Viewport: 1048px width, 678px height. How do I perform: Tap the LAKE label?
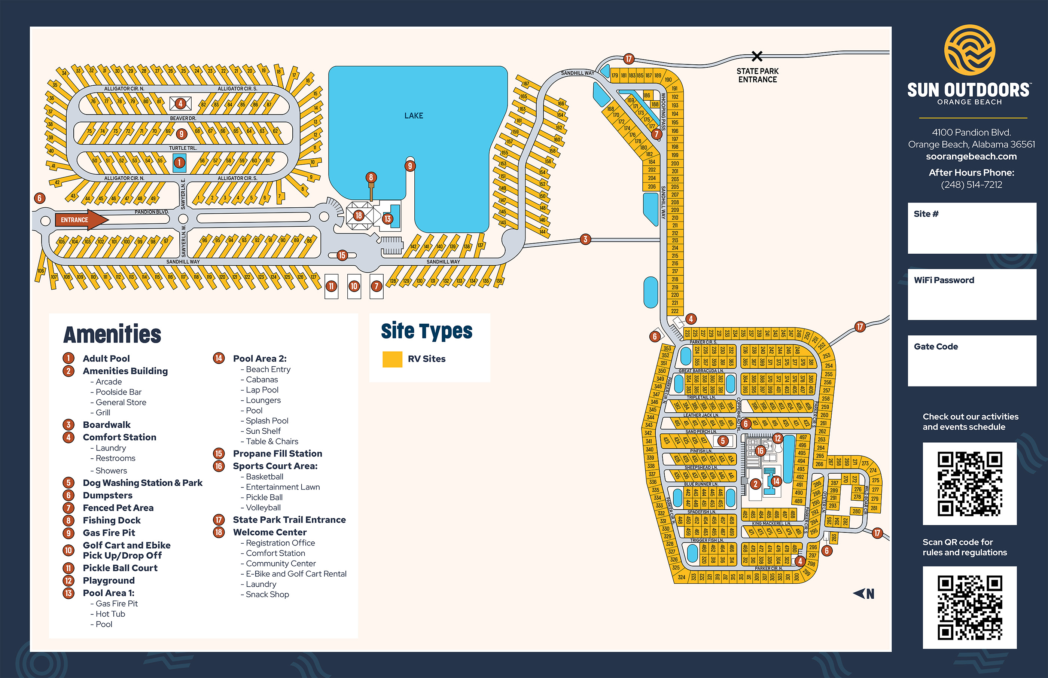(x=414, y=116)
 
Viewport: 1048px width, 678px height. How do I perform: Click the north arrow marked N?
(x=864, y=594)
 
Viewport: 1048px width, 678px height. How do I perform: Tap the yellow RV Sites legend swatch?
(x=392, y=359)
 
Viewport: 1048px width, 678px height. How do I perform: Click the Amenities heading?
(x=112, y=334)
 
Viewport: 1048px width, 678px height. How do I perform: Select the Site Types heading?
(x=426, y=331)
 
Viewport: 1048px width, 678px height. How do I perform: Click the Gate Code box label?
(x=936, y=346)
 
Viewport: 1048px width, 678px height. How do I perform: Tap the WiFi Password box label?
(x=944, y=280)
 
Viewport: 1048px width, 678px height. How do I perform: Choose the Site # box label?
(x=926, y=214)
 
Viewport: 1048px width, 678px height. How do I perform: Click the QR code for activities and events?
(x=970, y=483)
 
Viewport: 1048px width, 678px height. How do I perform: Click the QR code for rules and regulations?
(x=970, y=608)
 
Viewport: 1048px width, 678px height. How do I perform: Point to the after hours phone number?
(x=971, y=185)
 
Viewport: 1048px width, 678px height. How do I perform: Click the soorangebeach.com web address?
(x=971, y=156)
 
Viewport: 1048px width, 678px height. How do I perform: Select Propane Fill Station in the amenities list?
(x=277, y=453)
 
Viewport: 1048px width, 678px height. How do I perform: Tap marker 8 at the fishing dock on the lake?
(x=371, y=177)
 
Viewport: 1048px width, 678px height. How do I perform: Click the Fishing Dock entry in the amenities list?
(x=112, y=520)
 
